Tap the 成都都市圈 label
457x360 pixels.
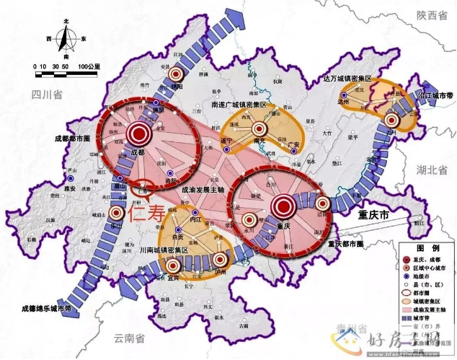coord(74,137)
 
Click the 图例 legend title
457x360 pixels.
coord(427,247)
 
